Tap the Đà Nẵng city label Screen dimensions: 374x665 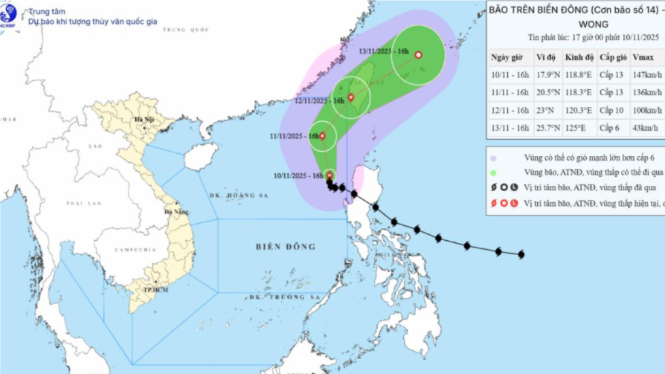[178, 212]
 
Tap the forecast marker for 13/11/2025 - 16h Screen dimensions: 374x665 [418, 54]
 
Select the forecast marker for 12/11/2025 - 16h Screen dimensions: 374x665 [351, 97]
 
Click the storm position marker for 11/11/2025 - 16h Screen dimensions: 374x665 [322, 136]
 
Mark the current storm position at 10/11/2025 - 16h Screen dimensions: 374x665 [330, 175]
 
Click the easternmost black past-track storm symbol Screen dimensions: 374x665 [521, 254]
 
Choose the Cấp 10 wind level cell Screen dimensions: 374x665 [611, 110]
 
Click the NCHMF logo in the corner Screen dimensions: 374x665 [10, 13]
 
